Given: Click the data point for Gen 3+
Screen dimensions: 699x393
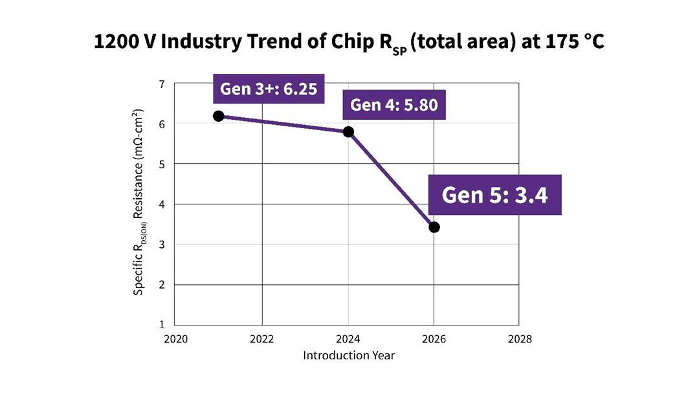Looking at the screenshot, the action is pos(219,116).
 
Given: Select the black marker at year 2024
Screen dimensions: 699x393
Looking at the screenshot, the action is pos(348,131).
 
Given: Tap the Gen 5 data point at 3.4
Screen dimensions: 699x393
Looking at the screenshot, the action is pos(434,227).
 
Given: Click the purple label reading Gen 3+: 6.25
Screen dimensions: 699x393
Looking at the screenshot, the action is pos(269,89).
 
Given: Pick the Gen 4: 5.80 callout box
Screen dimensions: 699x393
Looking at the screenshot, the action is pos(394,105).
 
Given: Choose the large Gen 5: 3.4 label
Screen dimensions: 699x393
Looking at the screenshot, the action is pos(495,195).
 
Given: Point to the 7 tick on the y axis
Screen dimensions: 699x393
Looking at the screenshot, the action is pos(162,84).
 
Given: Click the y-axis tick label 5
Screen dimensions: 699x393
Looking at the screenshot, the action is pos(162,164).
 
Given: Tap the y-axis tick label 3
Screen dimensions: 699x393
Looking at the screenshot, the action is pos(162,245).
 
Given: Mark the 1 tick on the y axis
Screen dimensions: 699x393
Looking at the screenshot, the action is pos(162,324).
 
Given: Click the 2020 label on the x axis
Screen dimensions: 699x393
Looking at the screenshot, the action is pos(176,339).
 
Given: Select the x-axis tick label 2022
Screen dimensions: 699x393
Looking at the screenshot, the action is pos(261,339).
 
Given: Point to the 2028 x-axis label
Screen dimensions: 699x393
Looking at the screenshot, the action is pos(520,339).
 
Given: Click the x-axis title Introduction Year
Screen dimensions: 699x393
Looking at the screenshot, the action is pos(349,355).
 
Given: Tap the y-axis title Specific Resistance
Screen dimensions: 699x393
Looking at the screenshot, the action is pos(139,202).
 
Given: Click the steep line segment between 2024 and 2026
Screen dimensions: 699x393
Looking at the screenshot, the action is pos(392,179).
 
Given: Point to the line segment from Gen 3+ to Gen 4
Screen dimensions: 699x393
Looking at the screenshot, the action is pos(283,124).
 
